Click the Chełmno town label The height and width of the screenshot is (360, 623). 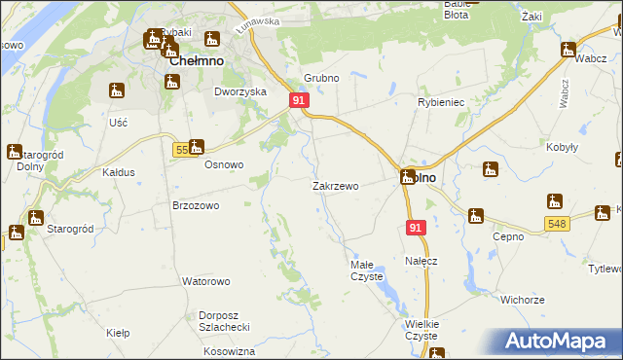tap(197, 60)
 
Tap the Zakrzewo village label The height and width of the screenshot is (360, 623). tap(335, 186)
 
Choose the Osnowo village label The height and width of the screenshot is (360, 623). tap(223, 164)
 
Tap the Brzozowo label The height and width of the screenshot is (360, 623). tap(196, 206)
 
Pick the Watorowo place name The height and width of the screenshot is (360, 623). tap(205, 281)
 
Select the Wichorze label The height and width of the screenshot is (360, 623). tap(522, 300)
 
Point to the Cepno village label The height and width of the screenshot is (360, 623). tap(508, 235)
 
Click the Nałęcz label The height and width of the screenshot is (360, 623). tap(421, 261)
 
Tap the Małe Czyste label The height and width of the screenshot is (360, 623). tap(367, 270)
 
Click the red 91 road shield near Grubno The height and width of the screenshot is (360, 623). tap(299, 100)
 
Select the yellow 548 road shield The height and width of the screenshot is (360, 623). tap(556, 224)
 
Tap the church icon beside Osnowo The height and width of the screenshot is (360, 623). tap(196, 147)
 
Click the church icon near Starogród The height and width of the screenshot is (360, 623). tap(35, 218)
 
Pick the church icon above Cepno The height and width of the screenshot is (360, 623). tap(475, 216)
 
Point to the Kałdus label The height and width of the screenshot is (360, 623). tap(119, 172)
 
